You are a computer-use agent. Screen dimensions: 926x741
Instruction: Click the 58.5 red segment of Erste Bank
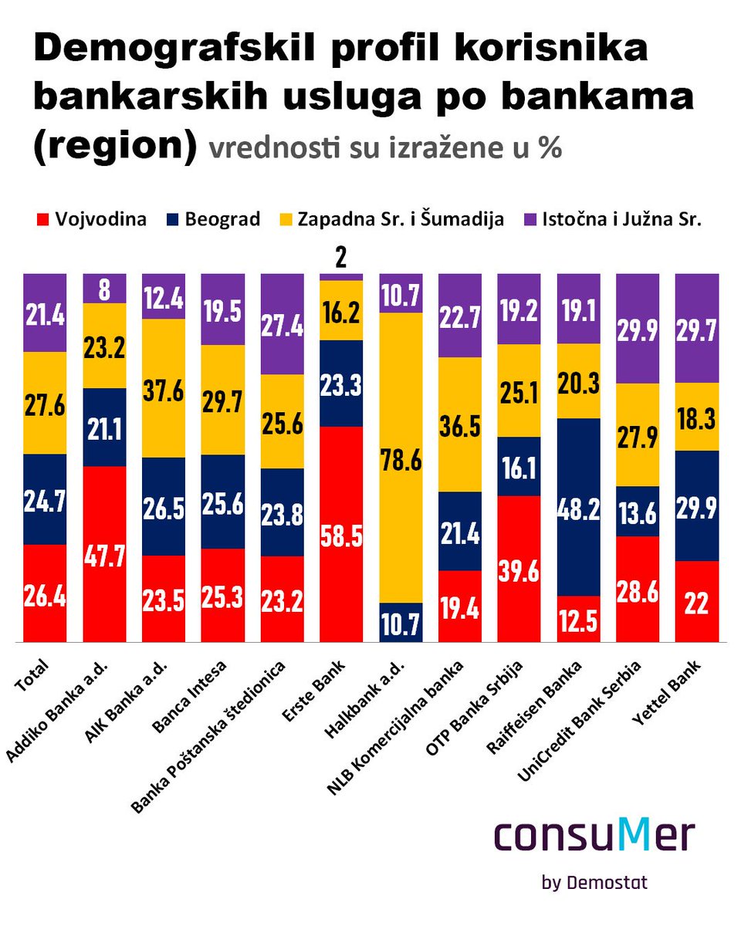point(341,532)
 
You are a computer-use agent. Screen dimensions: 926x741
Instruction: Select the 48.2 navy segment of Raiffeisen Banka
point(579,506)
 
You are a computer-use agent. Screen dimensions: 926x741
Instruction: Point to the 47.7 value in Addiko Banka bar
point(104,554)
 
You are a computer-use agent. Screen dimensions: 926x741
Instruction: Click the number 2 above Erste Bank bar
point(340,258)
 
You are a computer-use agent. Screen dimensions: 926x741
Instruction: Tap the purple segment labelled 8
point(104,289)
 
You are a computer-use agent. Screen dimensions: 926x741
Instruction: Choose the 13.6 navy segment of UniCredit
point(638,511)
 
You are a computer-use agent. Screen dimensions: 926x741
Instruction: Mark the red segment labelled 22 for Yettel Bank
point(698,601)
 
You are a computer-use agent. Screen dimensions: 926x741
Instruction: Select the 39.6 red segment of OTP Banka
point(519,568)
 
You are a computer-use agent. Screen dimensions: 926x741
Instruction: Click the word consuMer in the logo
point(594,836)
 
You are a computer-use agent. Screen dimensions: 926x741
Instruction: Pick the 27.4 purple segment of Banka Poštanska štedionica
point(282,324)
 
